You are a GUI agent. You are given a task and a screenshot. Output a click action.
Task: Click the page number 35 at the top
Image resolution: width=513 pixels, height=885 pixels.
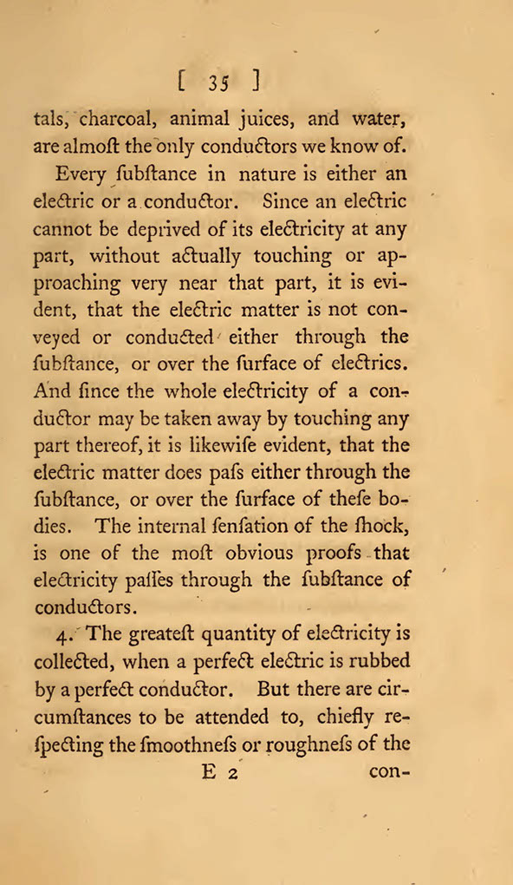(218, 83)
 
